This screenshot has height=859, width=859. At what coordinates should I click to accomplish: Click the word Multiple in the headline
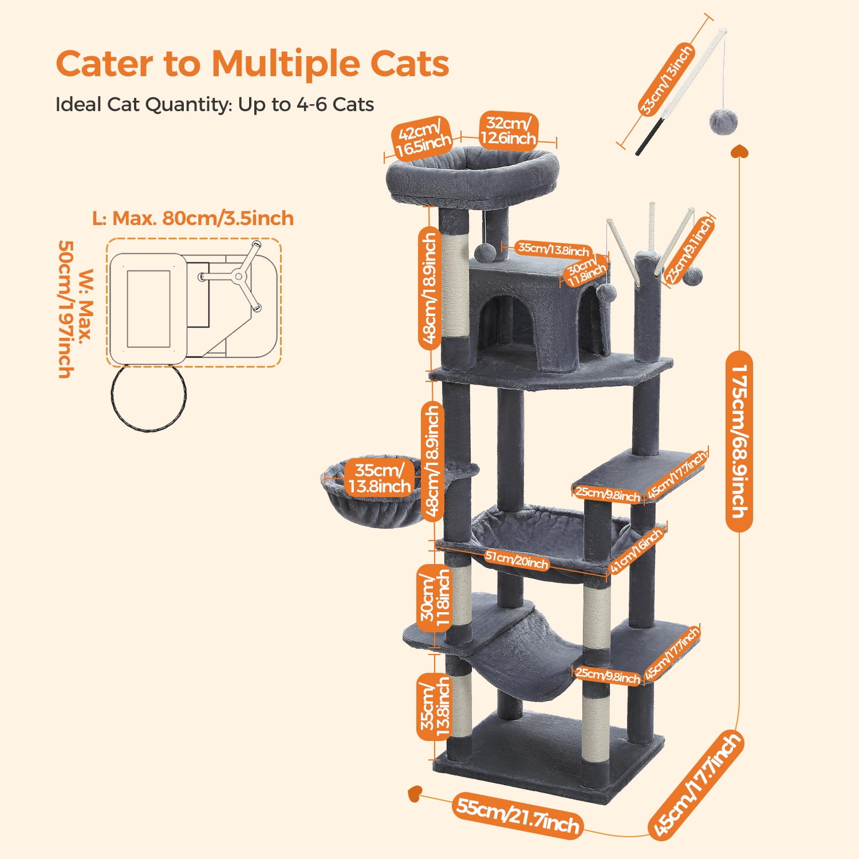pos(286,64)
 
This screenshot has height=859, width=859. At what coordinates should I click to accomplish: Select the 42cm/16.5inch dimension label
pos(422,139)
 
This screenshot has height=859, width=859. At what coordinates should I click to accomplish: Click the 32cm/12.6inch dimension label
pos(508,131)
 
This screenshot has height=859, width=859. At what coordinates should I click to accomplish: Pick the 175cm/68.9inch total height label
pos(739,441)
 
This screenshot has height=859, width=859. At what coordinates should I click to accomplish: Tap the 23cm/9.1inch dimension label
pos(689,250)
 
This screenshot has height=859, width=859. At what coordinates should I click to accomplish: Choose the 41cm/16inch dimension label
pos(636,550)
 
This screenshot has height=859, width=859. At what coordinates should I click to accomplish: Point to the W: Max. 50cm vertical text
pos(74,309)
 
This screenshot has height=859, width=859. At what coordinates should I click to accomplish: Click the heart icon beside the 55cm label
pos(415,794)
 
